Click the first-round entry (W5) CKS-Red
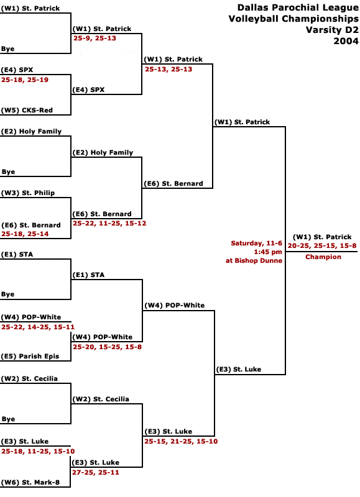[27, 111]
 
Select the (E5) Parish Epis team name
[30, 356]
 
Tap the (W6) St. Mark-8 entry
[30, 483]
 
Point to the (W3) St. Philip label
[28, 193]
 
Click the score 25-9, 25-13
[95, 39]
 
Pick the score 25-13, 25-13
[168, 69]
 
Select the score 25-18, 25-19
[25, 80]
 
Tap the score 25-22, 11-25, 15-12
[109, 224]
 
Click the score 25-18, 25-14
[25, 234]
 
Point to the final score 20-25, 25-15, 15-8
[322, 245]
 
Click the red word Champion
[323, 257]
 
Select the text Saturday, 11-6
[256, 243]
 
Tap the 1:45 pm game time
[268, 252]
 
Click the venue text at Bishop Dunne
[254, 260]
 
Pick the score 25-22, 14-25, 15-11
[38, 327]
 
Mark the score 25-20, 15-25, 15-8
[107, 347]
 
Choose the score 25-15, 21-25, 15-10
[181, 441]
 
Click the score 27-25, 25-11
[96, 472]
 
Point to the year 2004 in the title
[346, 41]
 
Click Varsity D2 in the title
[332, 30]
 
